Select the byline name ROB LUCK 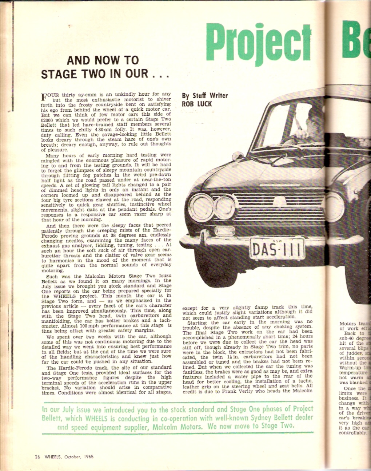(x=197, y=104)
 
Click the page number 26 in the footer (x=37, y=457)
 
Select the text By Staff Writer (x=205, y=96)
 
